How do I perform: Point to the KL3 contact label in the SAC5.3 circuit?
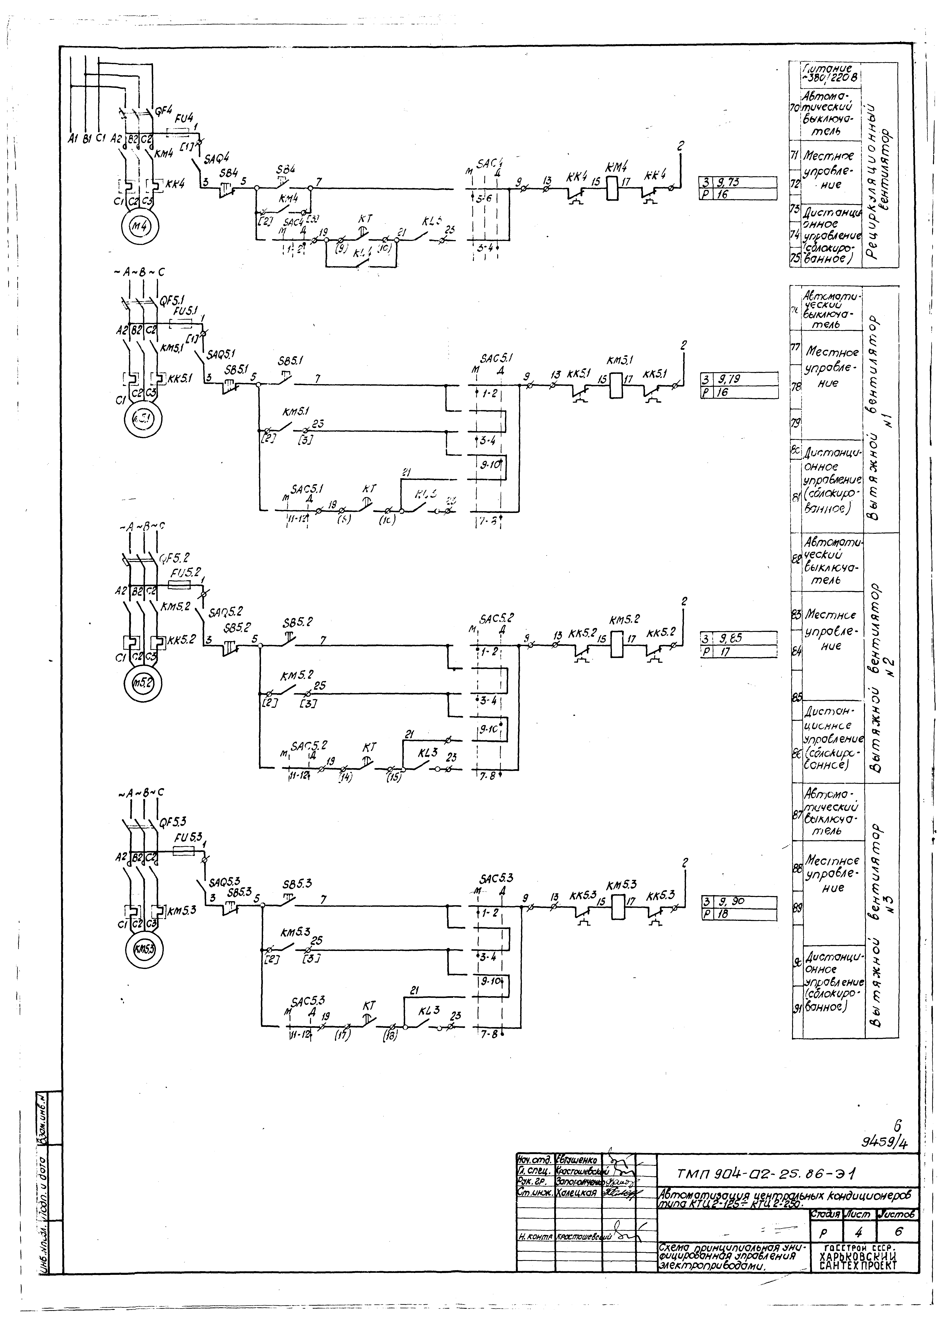pyautogui.click(x=428, y=1011)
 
